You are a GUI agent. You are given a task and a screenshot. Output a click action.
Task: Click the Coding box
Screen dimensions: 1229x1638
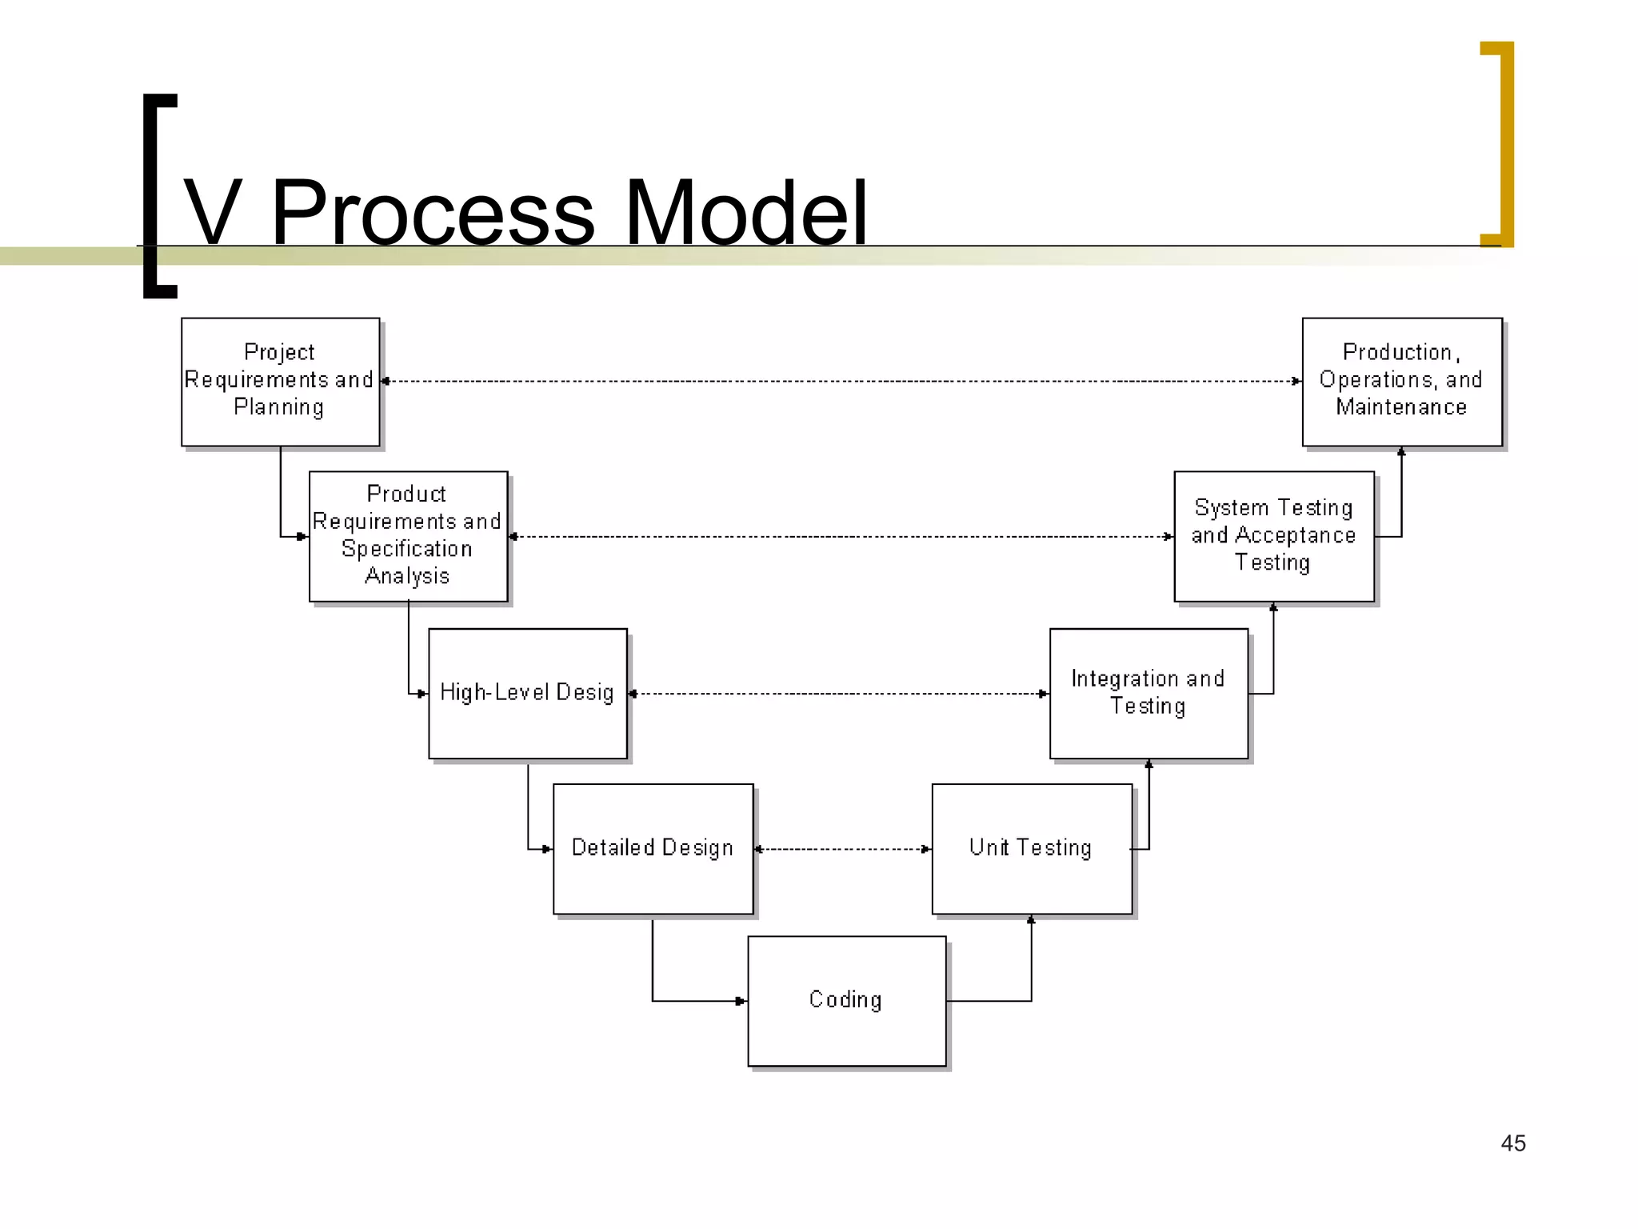click(846, 1000)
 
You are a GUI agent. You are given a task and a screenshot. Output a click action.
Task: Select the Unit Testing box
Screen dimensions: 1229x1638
click(1031, 848)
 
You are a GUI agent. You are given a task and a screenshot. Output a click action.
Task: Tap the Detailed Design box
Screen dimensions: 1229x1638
click(653, 848)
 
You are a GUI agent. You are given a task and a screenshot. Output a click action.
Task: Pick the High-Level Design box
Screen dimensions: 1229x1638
click(527, 693)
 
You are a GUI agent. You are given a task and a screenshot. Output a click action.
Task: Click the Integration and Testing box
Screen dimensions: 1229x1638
click(1149, 693)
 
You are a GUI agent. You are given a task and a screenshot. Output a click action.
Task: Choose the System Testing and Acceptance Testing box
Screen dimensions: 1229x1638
click(1273, 535)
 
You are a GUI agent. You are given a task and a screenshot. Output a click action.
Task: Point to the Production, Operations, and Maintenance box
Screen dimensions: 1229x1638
click(1401, 381)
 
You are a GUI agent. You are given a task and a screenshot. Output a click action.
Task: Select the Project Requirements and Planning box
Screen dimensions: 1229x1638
click(280, 381)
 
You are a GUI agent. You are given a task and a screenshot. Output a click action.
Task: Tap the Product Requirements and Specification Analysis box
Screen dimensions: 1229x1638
click(408, 535)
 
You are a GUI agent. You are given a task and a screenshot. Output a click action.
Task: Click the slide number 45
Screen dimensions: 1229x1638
click(1512, 1143)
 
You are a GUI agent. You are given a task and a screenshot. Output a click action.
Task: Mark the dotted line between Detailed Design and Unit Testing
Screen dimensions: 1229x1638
click(843, 849)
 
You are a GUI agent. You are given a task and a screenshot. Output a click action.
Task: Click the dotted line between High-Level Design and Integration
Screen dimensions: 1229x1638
click(838, 694)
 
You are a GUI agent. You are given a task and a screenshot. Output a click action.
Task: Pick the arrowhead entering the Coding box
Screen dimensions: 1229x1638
click(741, 1001)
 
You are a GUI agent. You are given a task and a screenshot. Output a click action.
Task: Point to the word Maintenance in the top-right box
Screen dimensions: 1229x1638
click(1401, 407)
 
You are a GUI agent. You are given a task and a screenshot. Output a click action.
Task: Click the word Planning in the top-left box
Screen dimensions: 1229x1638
click(279, 407)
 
